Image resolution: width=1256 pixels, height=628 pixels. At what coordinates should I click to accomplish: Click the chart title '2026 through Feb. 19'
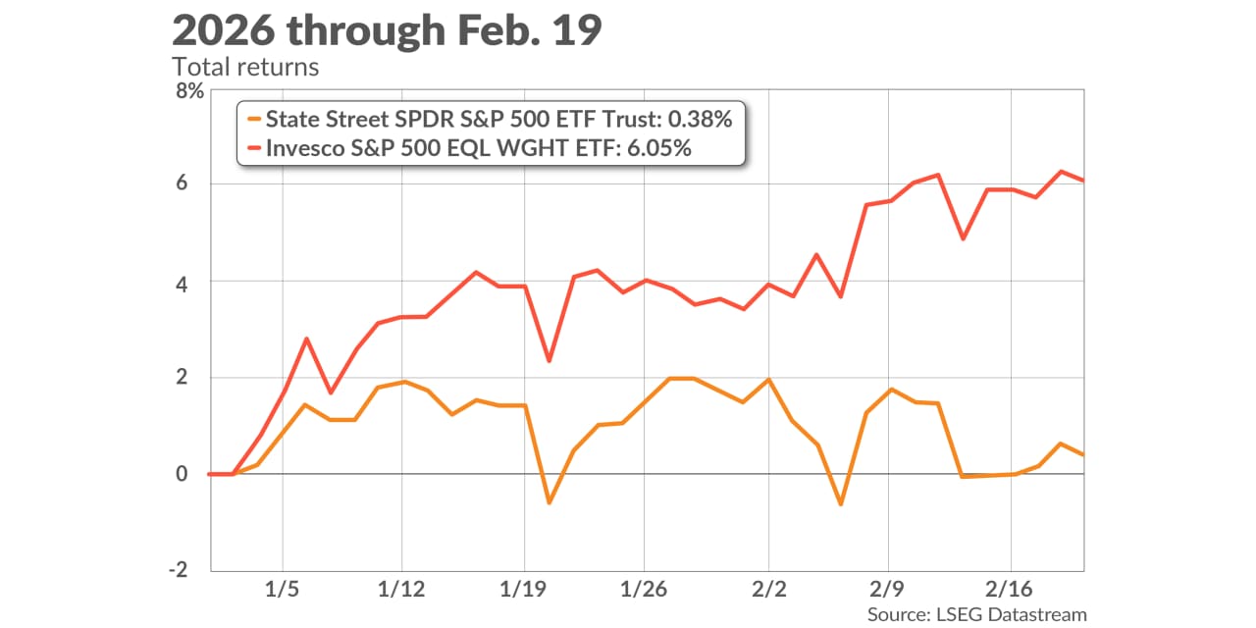(x=387, y=31)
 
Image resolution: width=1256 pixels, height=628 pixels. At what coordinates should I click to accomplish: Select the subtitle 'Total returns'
(x=244, y=68)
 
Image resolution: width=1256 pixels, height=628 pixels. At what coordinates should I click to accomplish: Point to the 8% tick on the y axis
(x=188, y=91)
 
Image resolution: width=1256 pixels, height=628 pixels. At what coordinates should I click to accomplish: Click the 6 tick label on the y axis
(x=195, y=184)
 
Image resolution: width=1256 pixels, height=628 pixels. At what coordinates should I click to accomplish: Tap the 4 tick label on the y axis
(x=195, y=283)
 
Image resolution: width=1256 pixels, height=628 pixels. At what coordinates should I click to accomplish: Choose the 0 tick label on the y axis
(x=195, y=474)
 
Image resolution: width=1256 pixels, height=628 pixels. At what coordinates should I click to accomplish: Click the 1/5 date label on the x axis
(x=283, y=593)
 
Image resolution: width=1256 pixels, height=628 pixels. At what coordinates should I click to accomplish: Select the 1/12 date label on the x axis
(x=401, y=593)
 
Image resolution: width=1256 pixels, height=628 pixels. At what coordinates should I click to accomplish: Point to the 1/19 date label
(x=523, y=593)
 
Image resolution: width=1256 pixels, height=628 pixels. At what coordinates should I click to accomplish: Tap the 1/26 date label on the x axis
(x=643, y=593)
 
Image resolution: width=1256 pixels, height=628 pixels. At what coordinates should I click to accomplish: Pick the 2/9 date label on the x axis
(x=888, y=593)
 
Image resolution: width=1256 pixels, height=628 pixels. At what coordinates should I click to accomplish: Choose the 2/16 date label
(x=1010, y=593)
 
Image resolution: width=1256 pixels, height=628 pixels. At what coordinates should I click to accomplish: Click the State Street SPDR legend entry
(x=491, y=120)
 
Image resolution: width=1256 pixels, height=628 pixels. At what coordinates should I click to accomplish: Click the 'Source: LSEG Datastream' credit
(x=977, y=614)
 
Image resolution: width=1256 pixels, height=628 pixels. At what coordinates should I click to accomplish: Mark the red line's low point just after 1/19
(x=549, y=361)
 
